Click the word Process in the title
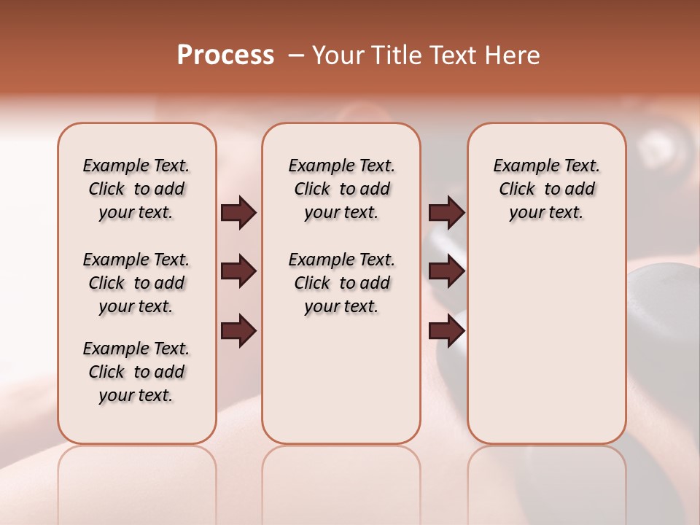pos(225,55)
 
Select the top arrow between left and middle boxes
pos(238,213)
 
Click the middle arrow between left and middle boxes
pos(238,272)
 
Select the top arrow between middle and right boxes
pos(446,213)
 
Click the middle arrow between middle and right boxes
pos(446,272)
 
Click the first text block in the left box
pos(136,189)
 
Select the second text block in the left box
pos(136,283)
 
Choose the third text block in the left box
pos(136,372)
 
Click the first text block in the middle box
pos(341,189)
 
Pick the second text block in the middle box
pos(341,283)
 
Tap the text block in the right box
pos(546,189)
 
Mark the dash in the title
pos(296,55)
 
